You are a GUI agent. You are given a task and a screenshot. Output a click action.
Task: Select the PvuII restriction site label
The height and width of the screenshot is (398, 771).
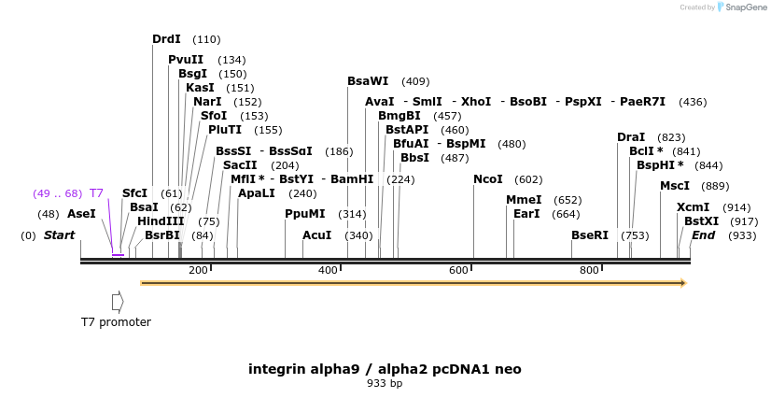tap(186, 60)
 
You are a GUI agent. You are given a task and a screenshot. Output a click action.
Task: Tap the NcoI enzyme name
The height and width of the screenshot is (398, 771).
tap(488, 179)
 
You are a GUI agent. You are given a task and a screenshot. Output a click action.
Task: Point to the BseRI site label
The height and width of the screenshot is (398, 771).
tap(590, 235)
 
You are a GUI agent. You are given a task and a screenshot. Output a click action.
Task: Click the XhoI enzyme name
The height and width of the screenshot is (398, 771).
tap(476, 102)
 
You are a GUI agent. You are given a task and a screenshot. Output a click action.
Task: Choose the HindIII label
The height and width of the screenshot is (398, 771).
tap(161, 221)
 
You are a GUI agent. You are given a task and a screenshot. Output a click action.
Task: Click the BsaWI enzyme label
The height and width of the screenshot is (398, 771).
tap(368, 81)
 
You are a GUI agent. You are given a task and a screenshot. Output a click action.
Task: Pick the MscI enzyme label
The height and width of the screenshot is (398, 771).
tap(675, 186)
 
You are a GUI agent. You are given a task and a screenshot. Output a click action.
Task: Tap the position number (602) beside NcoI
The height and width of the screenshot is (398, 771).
tap(528, 179)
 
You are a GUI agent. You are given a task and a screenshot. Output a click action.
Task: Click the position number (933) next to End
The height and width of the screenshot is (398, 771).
tap(742, 235)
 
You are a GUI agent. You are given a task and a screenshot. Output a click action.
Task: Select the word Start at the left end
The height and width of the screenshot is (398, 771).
tap(59, 235)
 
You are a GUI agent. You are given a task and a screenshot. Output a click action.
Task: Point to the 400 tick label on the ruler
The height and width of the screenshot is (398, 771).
tap(329, 270)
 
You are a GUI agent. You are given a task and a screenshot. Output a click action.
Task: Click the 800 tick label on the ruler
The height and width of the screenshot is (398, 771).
tap(589, 270)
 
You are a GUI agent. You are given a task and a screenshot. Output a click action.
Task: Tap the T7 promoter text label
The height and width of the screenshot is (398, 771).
tap(116, 322)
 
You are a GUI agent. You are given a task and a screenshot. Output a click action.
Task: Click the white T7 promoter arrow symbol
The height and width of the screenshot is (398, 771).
tap(118, 301)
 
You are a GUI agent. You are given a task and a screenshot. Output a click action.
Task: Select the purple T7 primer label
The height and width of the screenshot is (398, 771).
tap(96, 193)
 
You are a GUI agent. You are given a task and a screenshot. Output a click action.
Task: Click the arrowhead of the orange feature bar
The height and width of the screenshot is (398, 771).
tap(684, 282)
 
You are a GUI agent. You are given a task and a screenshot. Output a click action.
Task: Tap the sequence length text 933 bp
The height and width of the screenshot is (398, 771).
tap(385, 383)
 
